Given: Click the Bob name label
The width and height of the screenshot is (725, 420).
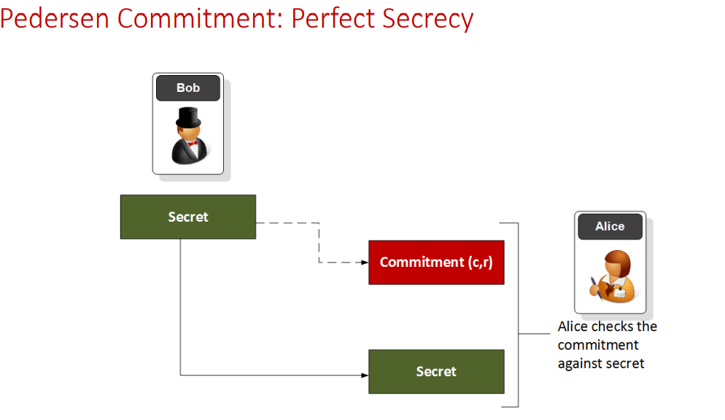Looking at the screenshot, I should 188,88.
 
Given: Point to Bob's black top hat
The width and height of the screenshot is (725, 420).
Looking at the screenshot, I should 188,117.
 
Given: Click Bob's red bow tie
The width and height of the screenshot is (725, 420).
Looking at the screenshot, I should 193,144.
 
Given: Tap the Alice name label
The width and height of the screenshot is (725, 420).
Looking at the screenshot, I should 610,227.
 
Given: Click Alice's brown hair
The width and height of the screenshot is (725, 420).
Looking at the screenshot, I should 619,260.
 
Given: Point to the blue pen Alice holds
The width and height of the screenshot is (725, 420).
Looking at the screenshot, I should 595,284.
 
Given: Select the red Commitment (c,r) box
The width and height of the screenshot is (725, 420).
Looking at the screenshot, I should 436,262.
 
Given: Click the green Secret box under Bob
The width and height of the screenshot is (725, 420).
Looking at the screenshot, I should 188,217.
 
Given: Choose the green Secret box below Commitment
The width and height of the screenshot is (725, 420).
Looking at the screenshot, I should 436,371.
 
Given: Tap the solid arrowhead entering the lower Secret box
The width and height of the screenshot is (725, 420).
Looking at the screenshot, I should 365,376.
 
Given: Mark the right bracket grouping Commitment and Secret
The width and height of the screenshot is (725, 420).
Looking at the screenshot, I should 517,314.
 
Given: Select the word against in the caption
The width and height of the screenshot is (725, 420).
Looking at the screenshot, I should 581,363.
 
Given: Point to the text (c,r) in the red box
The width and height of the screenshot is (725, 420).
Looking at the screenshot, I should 480,262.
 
